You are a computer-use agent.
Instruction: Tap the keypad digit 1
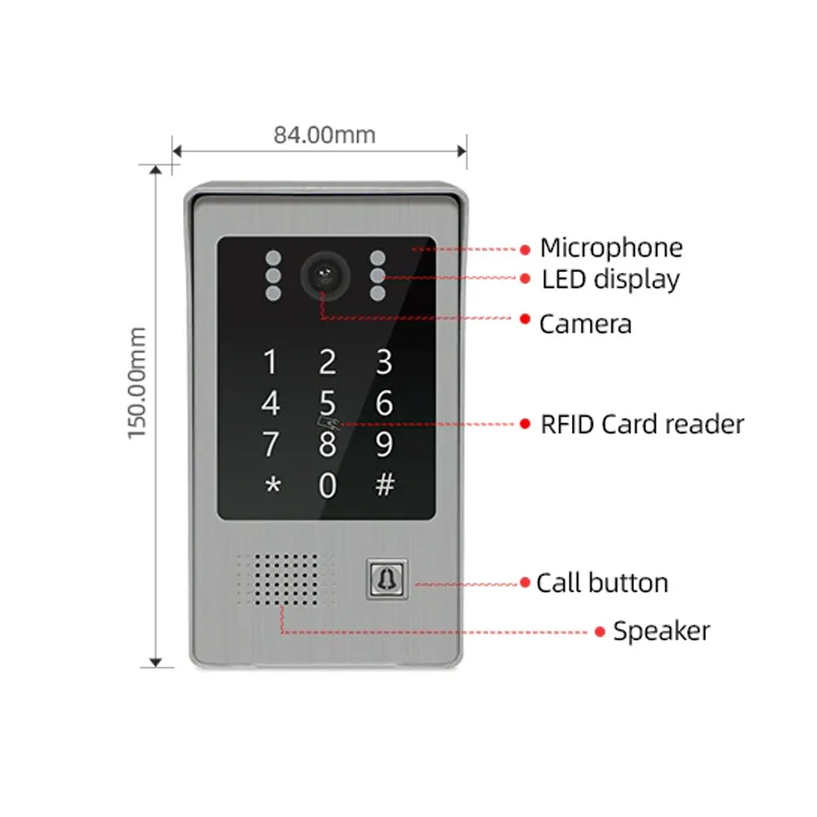coord(270,361)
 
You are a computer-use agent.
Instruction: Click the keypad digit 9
coord(384,444)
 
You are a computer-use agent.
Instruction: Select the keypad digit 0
coord(327,485)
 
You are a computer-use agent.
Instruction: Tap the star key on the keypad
coord(271,485)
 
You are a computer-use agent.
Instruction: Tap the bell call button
coord(385,578)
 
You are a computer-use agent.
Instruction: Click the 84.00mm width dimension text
coord(324,135)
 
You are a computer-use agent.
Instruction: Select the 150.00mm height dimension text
coord(136,382)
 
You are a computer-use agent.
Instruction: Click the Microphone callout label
coord(611,248)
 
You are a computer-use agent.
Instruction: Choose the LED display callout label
coord(610,279)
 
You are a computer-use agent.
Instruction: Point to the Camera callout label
coord(585,324)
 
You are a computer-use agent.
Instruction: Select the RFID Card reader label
coord(642,424)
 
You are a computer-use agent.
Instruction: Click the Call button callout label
coord(602,583)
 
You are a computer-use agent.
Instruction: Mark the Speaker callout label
coord(661,631)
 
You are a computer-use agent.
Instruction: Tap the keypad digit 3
coord(384,361)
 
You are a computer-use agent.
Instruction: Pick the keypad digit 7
coord(270,444)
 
